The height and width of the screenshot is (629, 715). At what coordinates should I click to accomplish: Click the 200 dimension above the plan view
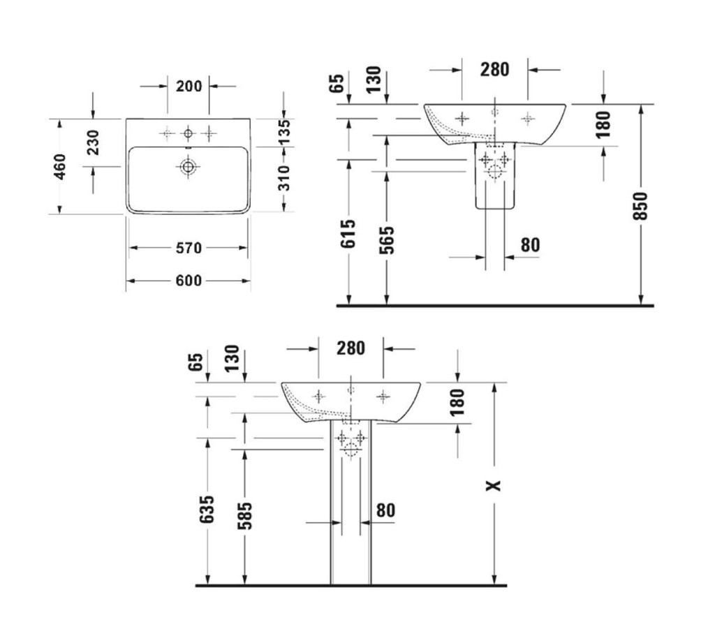click(x=189, y=86)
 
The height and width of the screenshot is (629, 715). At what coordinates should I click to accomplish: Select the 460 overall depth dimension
click(x=60, y=167)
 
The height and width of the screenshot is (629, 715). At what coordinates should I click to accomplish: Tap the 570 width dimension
click(x=189, y=248)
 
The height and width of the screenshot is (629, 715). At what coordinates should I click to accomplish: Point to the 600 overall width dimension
click(x=189, y=281)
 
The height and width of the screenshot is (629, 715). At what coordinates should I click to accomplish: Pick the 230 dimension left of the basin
click(x=94, y=142)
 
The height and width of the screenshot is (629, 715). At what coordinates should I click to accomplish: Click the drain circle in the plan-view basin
click(x=187, y=167)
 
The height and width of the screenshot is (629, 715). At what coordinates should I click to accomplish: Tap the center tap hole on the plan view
click(x=188, y=133)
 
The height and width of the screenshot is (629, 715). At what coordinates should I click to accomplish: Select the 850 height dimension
click(x=641, y=206)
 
